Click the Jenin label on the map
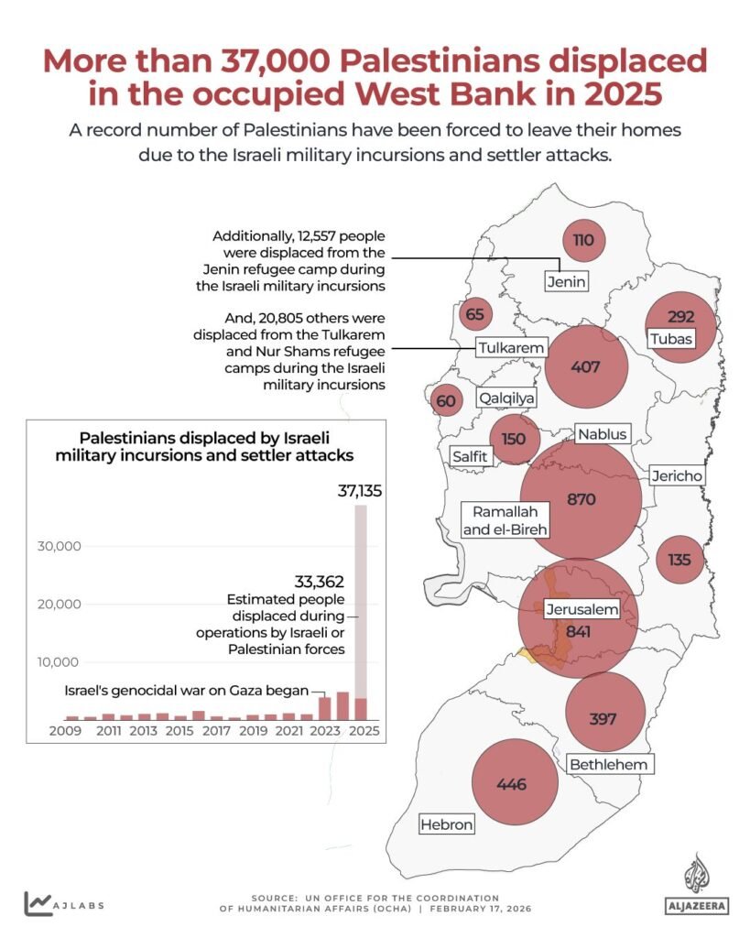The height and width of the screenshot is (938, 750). pos(566,281)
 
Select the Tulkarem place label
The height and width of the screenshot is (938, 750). pos(511,348)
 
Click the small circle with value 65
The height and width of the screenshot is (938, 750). pos(474,315)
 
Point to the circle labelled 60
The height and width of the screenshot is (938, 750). pos(446,401)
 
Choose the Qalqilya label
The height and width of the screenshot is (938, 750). pos(506,399)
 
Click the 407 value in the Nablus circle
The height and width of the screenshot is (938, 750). pos(585,367)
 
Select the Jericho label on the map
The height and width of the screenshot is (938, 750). pos(677,476)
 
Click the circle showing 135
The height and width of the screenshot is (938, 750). pos(679,560)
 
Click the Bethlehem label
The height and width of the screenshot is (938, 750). pos(608,764)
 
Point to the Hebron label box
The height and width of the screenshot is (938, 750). pos(447,825)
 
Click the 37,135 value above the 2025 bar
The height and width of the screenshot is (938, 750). pos(359,491)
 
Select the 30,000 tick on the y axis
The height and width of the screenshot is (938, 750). pos(58,546)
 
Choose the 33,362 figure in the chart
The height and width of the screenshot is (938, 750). pos(319,581)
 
